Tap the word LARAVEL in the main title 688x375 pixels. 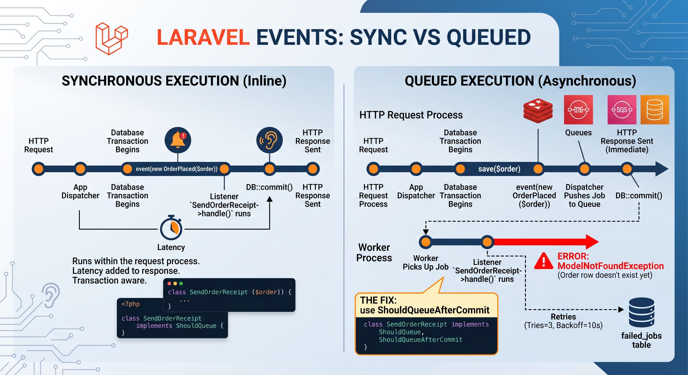203,37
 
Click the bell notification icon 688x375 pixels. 178,140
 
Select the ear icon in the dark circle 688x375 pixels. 269,140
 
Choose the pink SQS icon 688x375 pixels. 622,110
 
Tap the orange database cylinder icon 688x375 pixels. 655,110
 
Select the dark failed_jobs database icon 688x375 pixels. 642,312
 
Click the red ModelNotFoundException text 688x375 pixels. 611,266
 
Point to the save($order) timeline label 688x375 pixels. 499,169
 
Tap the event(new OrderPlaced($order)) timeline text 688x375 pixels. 177,169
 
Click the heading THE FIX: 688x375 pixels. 378,300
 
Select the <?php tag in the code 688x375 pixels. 130,304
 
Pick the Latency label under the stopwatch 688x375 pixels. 171,247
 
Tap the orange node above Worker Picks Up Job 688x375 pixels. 426,242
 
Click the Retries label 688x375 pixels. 563,317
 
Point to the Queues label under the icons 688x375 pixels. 578,133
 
